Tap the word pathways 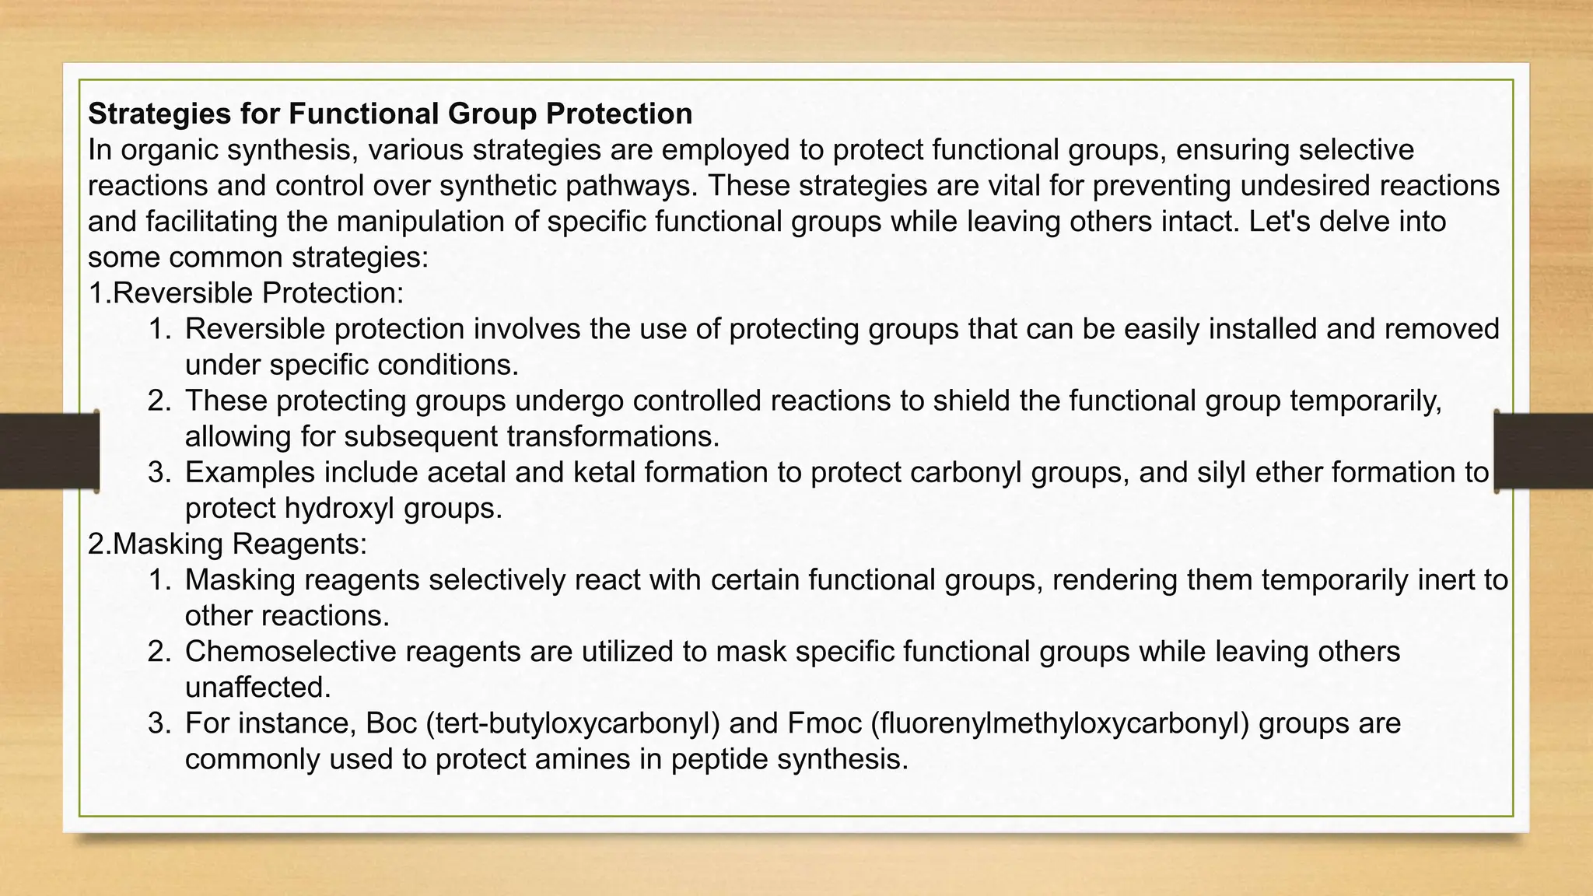[631, 185]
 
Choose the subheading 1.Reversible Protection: [246, 292]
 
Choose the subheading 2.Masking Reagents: [227, 544]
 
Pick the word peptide [719, 759]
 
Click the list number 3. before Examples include [159, 472]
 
